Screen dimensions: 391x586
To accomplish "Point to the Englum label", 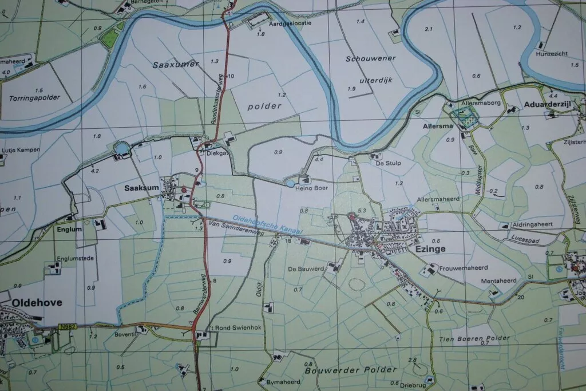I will point(69,229).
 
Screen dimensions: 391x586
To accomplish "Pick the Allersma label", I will point(438,125).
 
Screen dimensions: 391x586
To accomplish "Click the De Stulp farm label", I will point(388,163).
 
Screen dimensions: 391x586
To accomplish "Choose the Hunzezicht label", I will point(552,53).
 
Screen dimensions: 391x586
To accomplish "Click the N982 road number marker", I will point(66,327).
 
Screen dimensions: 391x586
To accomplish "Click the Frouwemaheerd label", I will point(462,267).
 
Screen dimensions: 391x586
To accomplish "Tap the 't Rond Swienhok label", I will point(229,327).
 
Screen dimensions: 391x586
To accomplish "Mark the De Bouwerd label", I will point(306,268).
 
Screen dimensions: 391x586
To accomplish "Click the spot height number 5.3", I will point(361,211).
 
